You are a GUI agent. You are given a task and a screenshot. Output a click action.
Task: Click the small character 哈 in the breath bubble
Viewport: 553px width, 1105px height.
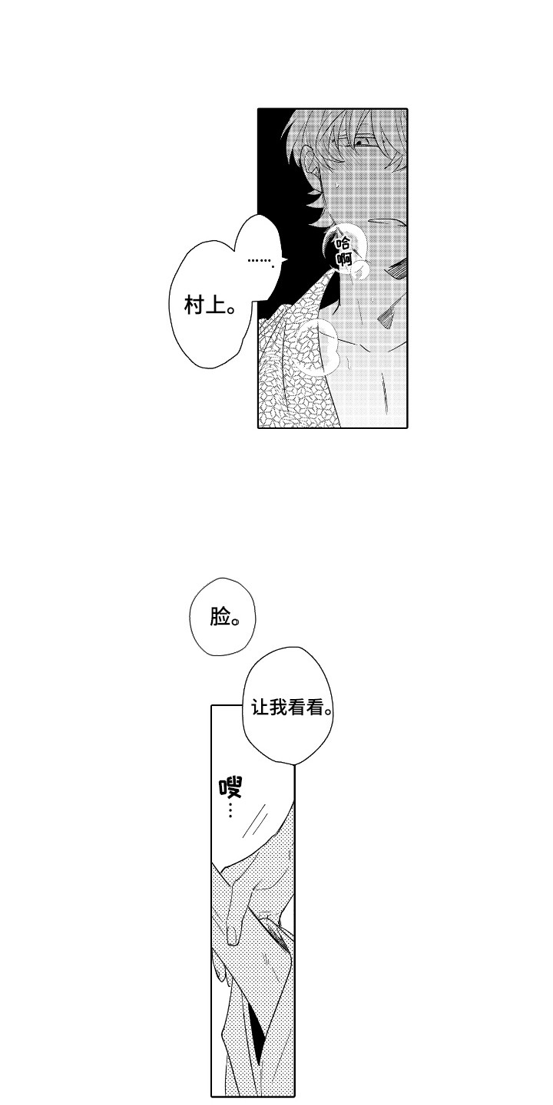coord(343,243)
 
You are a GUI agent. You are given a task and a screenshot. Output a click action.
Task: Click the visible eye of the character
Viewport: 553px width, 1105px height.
coord(365,142)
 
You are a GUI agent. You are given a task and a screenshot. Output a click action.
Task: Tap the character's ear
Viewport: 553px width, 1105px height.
coord(313,169)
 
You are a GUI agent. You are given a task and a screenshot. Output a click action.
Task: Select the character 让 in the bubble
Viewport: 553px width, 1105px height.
coord(261,708)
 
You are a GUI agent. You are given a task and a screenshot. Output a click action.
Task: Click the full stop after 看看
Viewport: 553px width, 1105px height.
coord(329,713)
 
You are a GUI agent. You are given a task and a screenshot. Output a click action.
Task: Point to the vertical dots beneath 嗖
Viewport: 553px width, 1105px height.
coord(230,810)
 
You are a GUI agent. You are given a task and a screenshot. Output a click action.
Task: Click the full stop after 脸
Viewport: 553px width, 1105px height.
coord(235,622)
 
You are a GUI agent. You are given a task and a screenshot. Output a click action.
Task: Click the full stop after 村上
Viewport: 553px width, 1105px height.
coord(229,312)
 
